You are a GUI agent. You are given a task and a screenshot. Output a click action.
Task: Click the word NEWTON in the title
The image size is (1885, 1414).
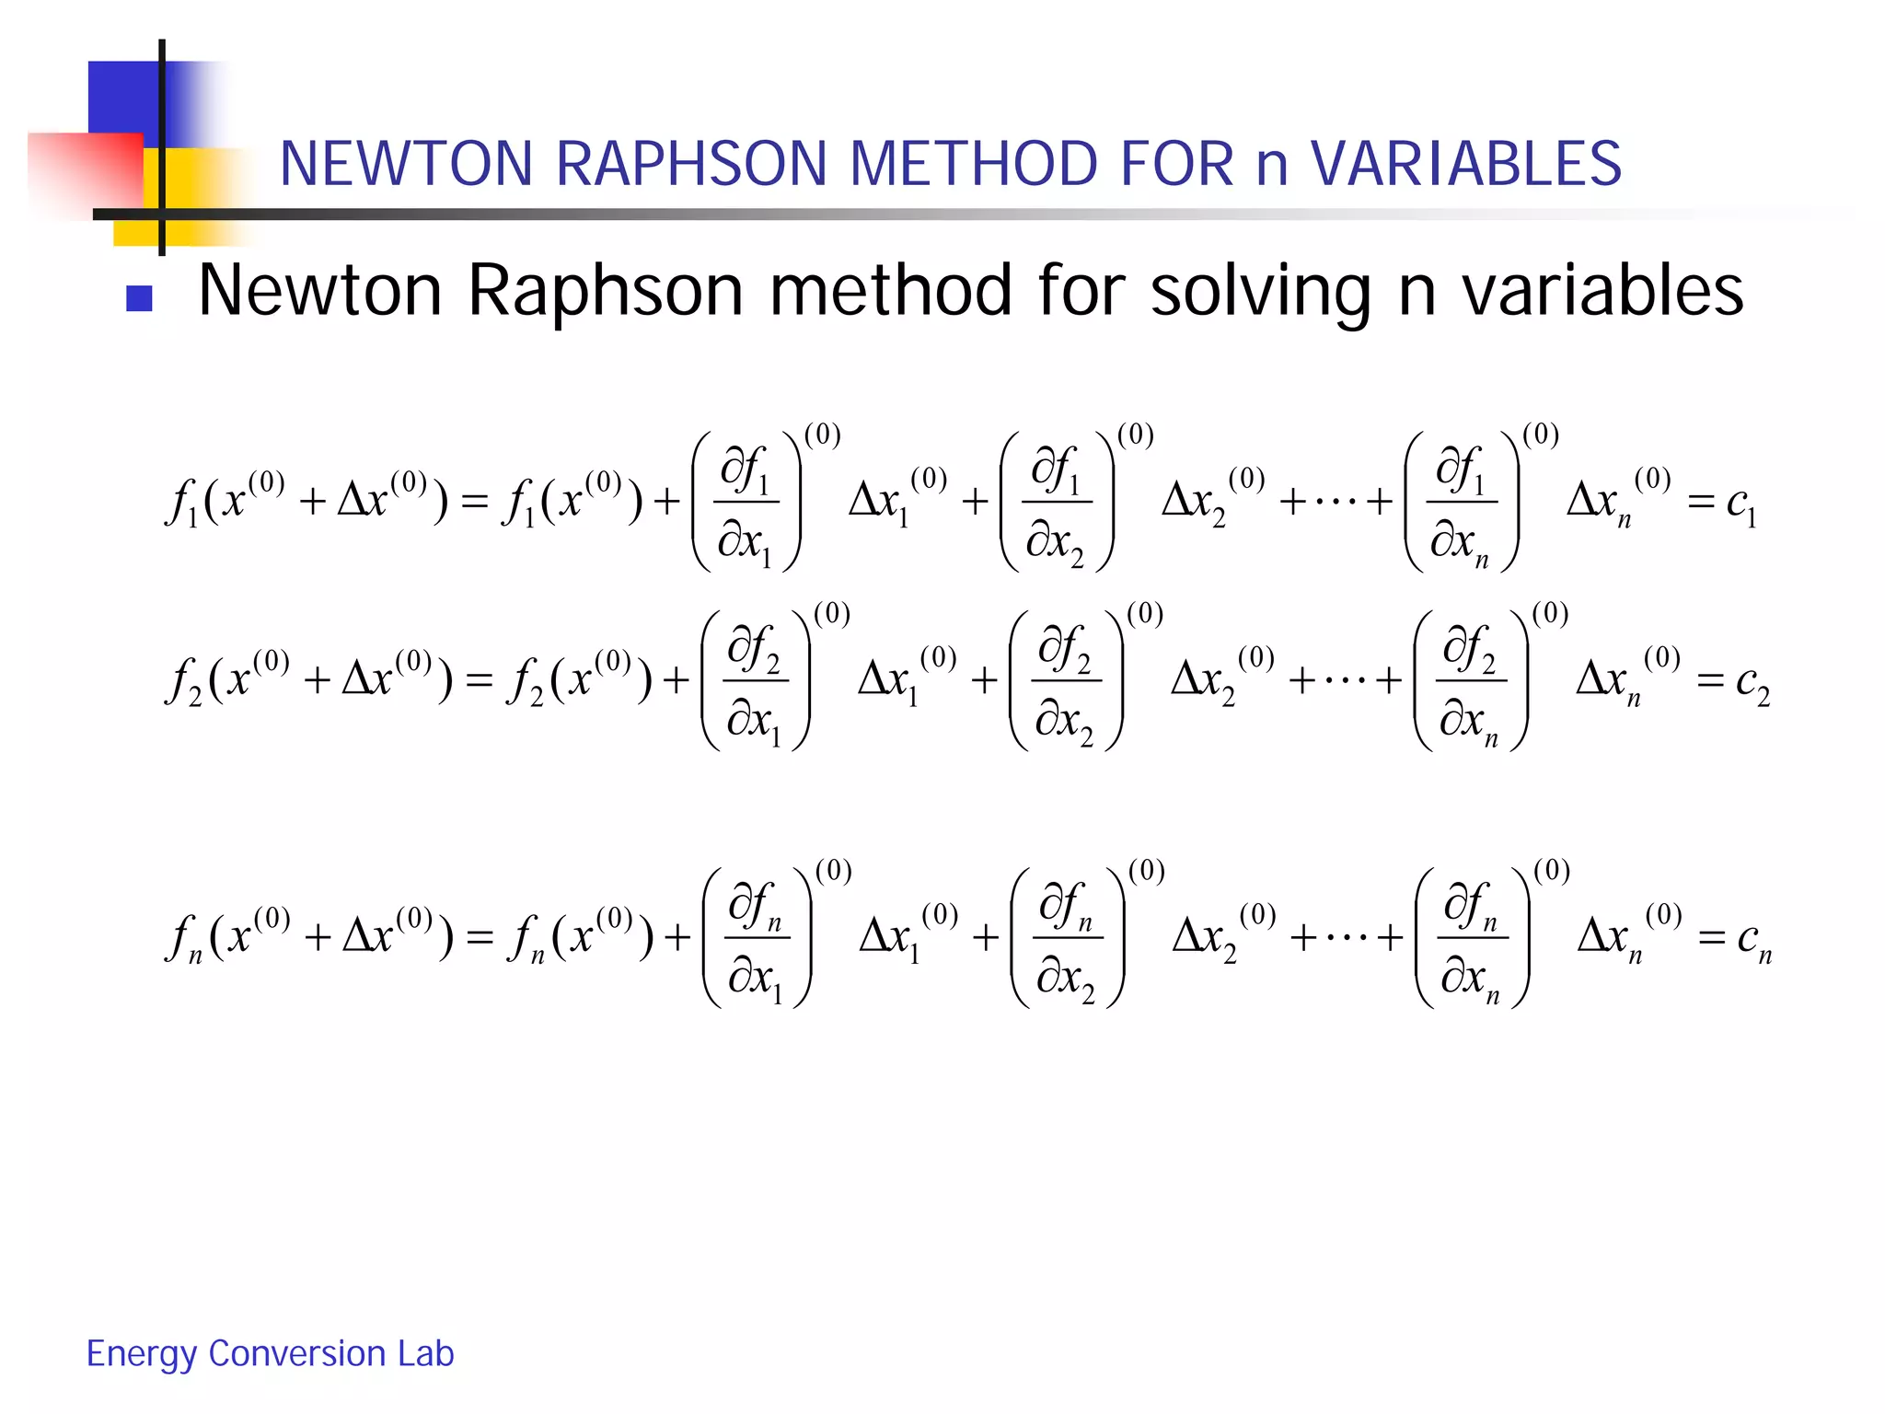tap(406, 164)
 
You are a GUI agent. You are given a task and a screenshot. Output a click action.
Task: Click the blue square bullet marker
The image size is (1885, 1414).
tap(139, 298)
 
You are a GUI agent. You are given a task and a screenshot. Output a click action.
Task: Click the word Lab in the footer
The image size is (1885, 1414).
tap(426, 1353)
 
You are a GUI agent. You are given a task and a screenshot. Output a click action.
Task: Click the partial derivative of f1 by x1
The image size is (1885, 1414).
tap(746, 503)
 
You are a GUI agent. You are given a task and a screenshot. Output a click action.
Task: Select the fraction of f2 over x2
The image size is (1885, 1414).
tap(1066, 682)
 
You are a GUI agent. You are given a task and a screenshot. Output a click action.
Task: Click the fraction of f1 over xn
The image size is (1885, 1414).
tap(1461, 503)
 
